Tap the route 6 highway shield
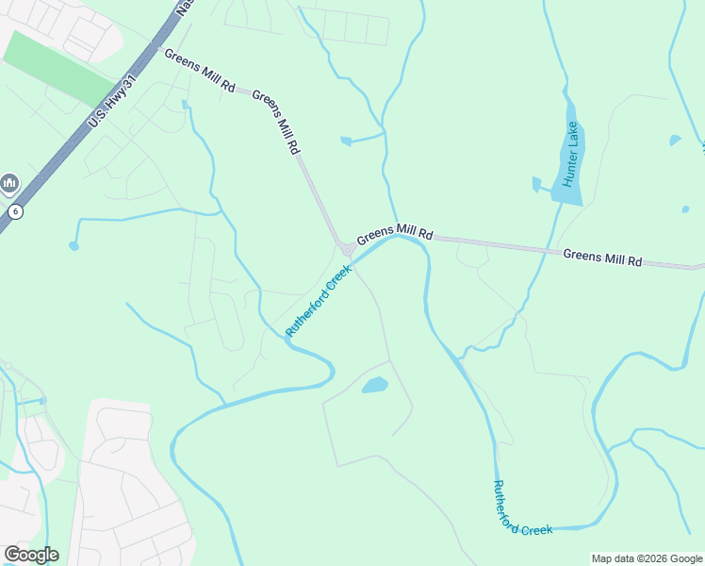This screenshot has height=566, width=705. [15, 211]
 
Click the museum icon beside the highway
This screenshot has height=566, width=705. [10, 182]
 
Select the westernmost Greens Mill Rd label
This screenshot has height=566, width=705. [200, 71]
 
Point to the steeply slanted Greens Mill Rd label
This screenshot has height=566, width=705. [276, 123]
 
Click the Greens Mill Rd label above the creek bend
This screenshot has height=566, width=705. [394, 232]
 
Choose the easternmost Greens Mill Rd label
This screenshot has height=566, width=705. [602, 257]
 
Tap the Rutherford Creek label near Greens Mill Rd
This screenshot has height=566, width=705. [319, 300]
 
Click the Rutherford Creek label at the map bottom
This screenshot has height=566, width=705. [522, 509]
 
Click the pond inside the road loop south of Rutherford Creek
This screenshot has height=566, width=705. [375, 385]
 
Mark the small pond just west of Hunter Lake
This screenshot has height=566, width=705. [536, 184]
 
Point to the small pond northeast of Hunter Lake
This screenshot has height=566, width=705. [675, 141]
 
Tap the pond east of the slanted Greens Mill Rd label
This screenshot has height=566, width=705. [346, 141]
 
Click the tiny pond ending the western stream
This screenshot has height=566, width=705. [74, 246]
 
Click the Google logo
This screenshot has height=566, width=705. [31, 555]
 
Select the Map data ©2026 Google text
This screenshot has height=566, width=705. [646, 558]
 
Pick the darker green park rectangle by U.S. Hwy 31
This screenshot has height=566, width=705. [59, 69]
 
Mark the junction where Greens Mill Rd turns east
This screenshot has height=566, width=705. [347, 249]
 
